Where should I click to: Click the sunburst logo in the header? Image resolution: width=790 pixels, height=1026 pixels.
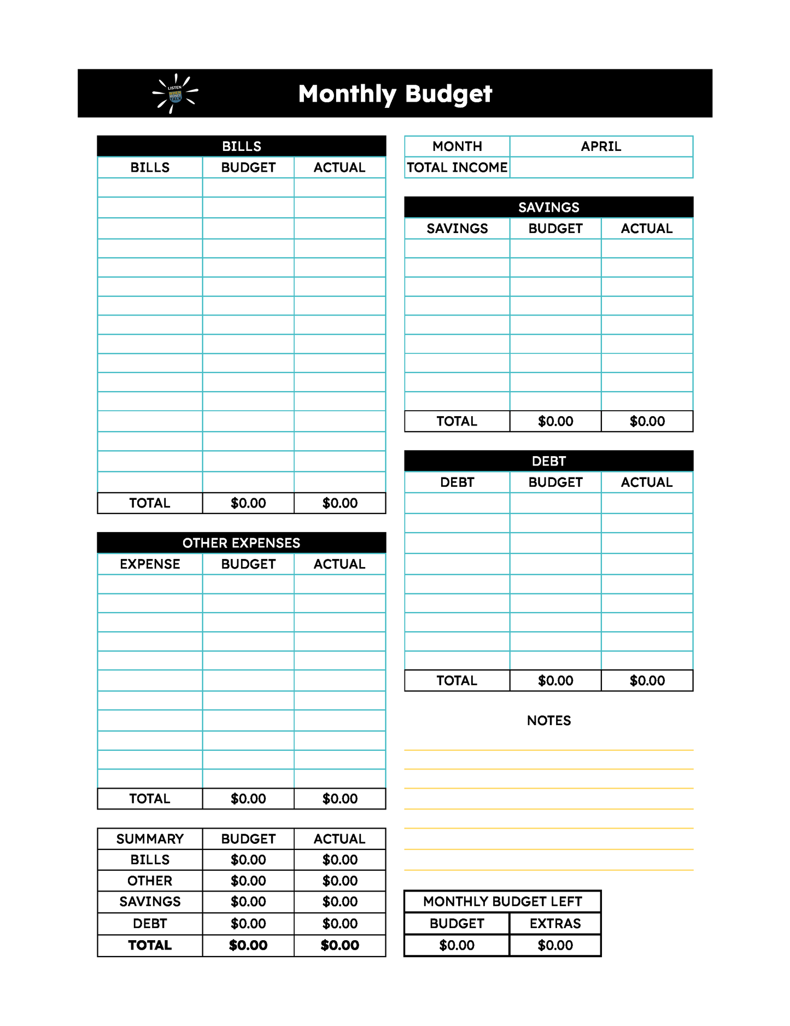[x=175, y=94]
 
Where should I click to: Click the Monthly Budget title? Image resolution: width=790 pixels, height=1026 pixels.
[x=395, y=94]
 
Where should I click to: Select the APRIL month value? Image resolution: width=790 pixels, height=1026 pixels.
[x=601, y=147]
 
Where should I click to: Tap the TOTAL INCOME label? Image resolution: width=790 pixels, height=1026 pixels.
[x=457, y=167]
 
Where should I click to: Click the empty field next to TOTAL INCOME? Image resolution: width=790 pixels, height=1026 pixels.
[x=601, y=167]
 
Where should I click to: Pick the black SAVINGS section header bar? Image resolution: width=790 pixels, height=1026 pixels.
[x=548, y=207]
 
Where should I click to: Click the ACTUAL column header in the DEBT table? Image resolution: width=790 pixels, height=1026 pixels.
[x=647, y=482]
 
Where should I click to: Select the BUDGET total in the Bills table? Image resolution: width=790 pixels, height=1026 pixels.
[x=248, y=503]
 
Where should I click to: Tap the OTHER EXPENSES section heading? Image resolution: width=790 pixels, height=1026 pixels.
[x=241, y=543]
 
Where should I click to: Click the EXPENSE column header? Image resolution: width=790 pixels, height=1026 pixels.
[x=150, y=564]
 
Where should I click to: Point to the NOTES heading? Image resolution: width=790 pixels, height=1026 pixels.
[x=548, y=721]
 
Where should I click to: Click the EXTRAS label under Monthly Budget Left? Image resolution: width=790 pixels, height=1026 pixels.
[x=555, y=924]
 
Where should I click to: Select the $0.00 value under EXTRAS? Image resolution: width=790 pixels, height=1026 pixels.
[x=555, y=946]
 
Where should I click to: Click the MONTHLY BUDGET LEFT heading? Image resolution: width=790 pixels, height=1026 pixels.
[x=502, y=902]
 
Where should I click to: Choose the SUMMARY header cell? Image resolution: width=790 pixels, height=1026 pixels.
[x=150, y=839]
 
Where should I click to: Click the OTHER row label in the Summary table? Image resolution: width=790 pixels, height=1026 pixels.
[x=150, y=881]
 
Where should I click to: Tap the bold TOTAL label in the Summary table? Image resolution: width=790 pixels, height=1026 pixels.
[x=150, y=946]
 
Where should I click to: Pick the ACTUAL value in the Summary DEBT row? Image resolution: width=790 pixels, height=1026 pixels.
[x=340, y=924]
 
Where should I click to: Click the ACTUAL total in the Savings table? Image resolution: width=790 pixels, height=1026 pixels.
[x=647, y=422]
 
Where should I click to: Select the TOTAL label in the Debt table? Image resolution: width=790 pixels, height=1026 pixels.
[x=457, y=681]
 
